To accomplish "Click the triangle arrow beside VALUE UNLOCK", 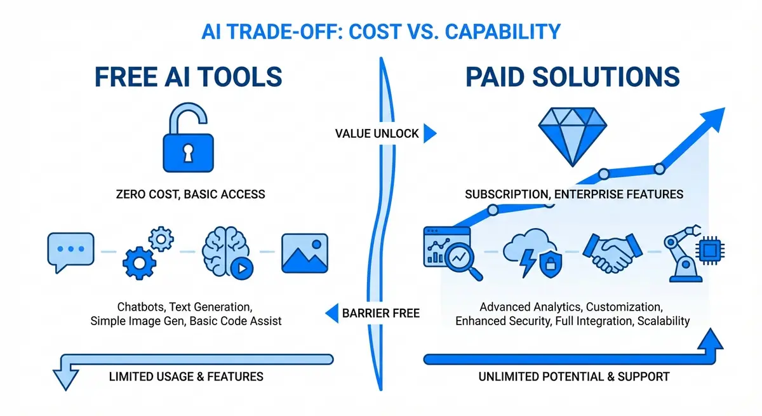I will tap(430, 133).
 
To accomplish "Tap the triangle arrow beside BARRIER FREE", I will tap(331, 312).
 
